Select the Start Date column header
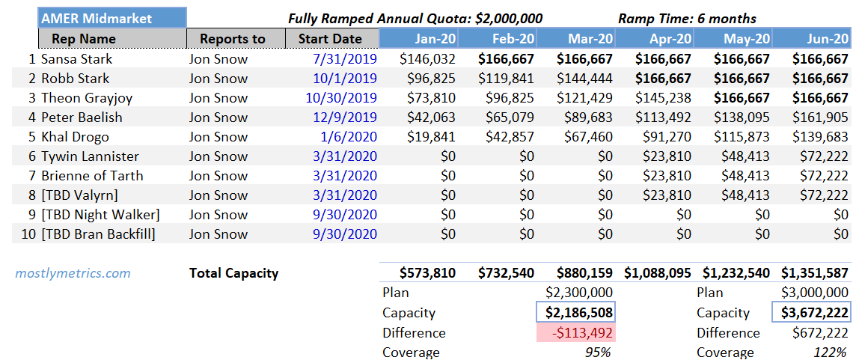click(330, 39)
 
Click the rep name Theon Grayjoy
click(82, 98)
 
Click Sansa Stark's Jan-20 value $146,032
click(427, 59)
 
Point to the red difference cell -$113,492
click(576, 333)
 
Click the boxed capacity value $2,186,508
click(575, 313)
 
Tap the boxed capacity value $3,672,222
click(811, 313)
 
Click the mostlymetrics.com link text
click(73, 273)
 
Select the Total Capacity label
click(233, 273)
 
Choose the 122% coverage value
click(831, 353)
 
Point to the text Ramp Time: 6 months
click(687, 19)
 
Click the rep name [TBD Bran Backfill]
click(98, 234)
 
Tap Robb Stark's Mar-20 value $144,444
click(584, 79)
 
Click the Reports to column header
click(233, 39)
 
